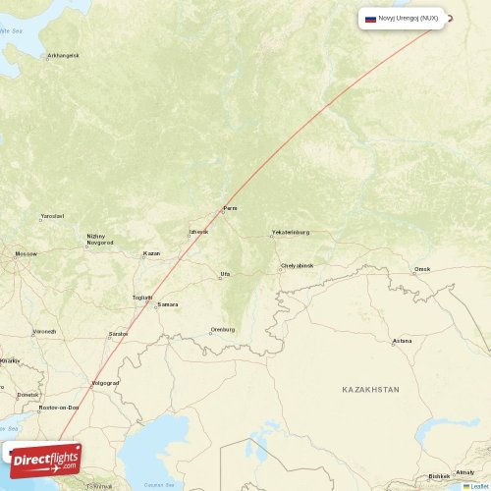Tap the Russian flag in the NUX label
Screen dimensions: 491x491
tap(370, 18)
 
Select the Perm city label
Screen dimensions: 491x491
tap(231, 208)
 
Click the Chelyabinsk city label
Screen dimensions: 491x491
tap(297, 265)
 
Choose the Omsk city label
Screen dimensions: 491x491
tap(422, 268)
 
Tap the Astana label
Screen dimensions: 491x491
tap(402, 341)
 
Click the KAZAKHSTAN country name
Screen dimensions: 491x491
tap(370, 390)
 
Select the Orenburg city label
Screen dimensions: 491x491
tap(223, 330)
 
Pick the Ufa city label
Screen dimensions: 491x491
tap(225, 274)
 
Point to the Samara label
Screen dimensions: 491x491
tap(168, 304)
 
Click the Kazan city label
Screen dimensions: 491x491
tap(151, 253)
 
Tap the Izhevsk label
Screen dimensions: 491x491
tap(198, 233)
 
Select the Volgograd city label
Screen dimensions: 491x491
tap(104, 382)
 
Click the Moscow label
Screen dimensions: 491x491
tap(26, 253)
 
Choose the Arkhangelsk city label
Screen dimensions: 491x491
tap(63, 55)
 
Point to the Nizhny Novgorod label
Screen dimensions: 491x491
tap(99, 239)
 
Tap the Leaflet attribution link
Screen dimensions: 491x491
tap(479, 486)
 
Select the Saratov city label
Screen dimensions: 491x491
tap(119, 334)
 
